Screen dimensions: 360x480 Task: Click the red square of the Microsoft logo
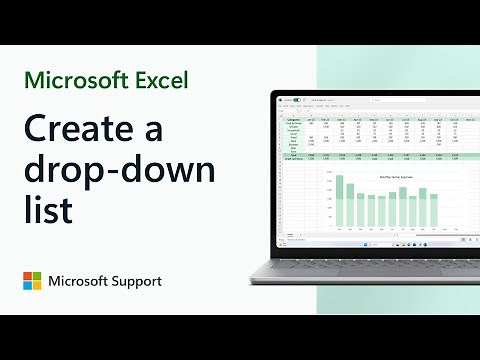29,275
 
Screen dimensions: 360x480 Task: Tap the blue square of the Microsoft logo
29,287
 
